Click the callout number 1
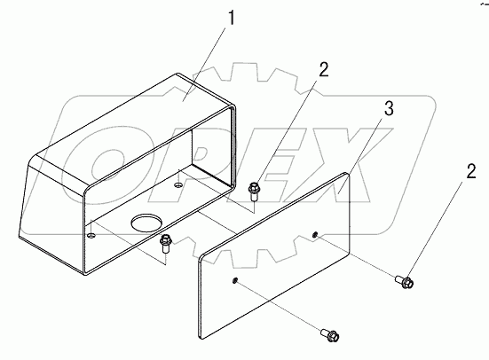(x=231, y=18)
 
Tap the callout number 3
(x=389, y=109)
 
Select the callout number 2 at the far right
(x=471, y=171)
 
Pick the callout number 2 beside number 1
(x=324, y=69)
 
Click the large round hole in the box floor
(x=147, y=223)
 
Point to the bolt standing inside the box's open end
(x=253, y=192)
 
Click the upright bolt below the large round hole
(x=165, y=245)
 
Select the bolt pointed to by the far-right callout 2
(x=405, y=281)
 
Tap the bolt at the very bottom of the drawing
(x=330, y=335)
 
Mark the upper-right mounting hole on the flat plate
(x=315, y=234)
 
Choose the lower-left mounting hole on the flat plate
(x=234, y=280)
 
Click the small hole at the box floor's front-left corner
(x=91, y=235)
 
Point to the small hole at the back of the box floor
(x=178, y=185)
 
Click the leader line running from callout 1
(x=204, y=64)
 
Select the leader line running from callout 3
(x=361, y=155)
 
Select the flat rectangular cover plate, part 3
(x=274, y=255)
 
